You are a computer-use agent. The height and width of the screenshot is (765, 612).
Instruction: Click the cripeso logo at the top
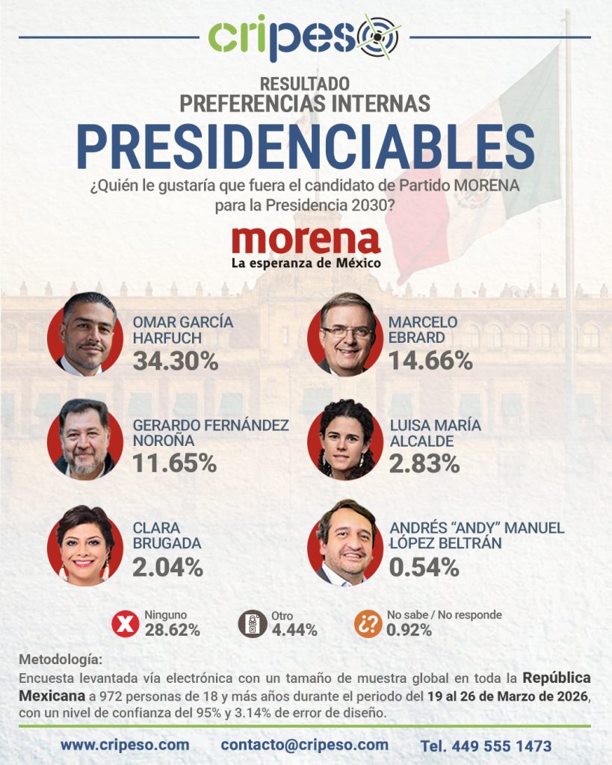(x=305, y=37)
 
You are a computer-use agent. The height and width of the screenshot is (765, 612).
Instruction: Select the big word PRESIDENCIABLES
(x=306, y=147)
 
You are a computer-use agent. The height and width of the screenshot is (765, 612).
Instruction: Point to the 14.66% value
(x=430, y=362)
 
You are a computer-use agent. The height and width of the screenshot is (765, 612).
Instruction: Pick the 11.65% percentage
(x=175, y=463)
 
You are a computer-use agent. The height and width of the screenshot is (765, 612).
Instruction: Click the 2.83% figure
(x=424, y=463)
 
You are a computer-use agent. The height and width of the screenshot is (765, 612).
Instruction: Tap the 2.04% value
(x=167, y=567)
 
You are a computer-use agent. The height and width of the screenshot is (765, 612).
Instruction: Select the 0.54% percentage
(x=424, y=567)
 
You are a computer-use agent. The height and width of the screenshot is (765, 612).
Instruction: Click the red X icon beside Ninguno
(x=126, y=623)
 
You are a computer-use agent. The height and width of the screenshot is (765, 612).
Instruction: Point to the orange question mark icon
(x=368, y=623)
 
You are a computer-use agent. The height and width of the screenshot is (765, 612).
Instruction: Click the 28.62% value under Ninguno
(x=173, y=630)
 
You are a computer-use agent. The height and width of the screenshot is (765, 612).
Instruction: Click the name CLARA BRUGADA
(x=157, y=536)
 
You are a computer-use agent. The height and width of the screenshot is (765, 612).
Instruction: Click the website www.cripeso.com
(x=125, y=745)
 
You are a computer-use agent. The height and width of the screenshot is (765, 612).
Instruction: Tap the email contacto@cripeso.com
(x=304, y=745)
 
